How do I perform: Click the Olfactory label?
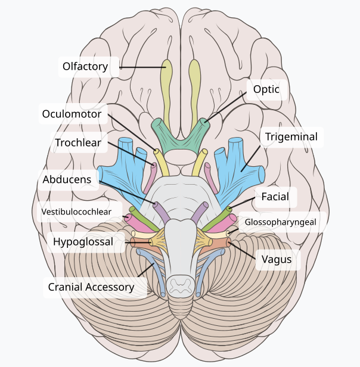coord(85,66)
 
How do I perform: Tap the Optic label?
coord(266,90)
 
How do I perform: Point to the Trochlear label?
coord(78,143)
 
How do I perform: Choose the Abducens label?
coord(67,179)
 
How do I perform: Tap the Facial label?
coord(275,197)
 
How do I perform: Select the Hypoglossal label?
coord(83,242)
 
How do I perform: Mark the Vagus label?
coord(277,259)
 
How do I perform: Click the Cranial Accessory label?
coord(91,287)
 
